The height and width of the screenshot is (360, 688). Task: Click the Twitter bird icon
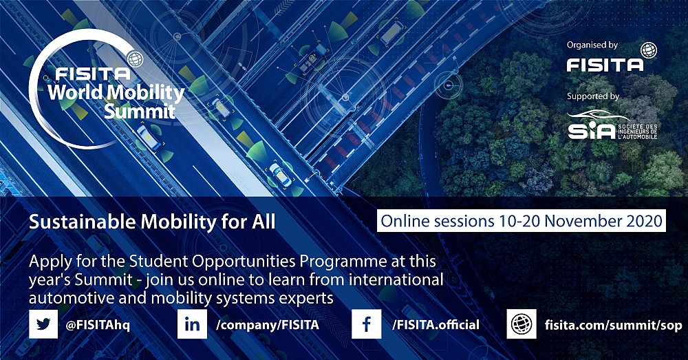click(43, 324)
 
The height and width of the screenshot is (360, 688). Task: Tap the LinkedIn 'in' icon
click(192, 324)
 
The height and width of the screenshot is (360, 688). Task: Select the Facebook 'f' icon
click(367, 324)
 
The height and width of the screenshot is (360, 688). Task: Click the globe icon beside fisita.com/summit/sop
click(522, 324)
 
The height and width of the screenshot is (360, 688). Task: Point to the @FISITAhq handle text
click(98, 326)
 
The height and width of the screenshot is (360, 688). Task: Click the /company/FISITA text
click(268, 325)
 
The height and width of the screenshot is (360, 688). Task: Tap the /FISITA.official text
click(436, 324)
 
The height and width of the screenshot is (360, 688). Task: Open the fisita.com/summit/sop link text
click(614, 326)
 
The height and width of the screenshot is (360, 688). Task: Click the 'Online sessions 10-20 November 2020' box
click(522, 220)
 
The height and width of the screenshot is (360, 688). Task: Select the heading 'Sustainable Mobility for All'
click(152, 222)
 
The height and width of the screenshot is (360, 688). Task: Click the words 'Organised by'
click(592, 45)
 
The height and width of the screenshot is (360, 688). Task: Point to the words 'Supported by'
click(593, 96)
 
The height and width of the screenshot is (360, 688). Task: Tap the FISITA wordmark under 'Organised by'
click(605, 65)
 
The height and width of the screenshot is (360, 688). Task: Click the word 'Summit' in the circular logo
click(140, 111)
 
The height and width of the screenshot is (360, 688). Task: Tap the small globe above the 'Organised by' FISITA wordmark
click(649, 50)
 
